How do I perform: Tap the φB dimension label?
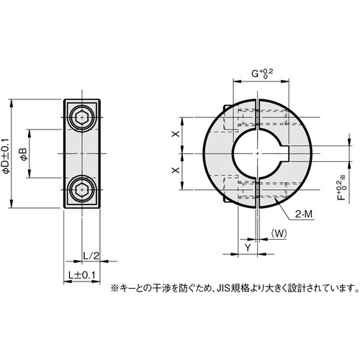click(23, 153)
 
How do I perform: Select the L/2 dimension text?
click(89, 256)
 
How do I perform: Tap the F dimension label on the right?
click(340, 192)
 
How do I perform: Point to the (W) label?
click(279, 233)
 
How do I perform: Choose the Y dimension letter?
click(248, 246)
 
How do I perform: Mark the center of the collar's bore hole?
click(256, 153)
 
